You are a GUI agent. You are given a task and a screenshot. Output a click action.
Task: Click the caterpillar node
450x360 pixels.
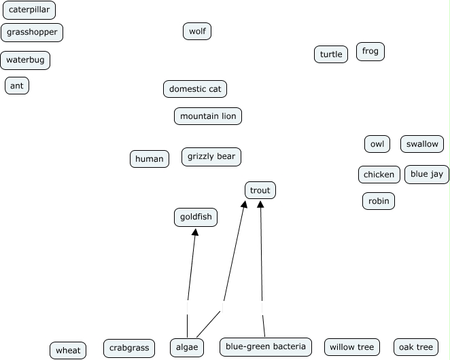coord(29,10)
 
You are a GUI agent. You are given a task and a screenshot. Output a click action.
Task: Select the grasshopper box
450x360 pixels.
coord(33,32)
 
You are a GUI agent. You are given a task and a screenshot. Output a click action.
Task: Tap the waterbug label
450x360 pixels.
coord(25,60)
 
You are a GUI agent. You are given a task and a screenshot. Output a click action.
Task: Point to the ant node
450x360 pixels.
coord(17,86)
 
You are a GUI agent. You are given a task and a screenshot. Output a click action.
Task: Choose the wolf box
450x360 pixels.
coord(197,31)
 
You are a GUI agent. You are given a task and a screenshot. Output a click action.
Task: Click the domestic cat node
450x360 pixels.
coord(195,89)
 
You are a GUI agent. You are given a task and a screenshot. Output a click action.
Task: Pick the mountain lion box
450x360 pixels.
coord(208,116)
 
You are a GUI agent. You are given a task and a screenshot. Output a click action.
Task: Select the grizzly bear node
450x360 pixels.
coord(211,157)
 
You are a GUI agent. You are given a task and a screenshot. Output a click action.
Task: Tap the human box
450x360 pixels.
coord(150,159)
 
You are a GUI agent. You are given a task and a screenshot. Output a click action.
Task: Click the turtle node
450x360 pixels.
coord(331,54)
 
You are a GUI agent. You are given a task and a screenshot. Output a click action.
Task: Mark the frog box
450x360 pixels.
coord(370,52)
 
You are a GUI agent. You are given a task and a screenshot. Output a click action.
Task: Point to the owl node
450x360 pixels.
coord(377,144)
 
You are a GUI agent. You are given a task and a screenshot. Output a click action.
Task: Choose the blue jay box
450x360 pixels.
coord(427,175)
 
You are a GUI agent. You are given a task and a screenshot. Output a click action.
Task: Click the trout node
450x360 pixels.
coord(260,191)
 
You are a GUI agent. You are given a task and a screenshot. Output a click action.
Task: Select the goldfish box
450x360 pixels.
coord(196,217)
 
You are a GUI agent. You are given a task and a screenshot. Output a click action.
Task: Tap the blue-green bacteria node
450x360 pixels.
coord(266,346)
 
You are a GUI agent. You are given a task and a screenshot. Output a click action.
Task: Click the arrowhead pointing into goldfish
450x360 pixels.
coord(195,232)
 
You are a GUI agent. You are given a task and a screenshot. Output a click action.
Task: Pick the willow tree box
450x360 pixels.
coord(351,347)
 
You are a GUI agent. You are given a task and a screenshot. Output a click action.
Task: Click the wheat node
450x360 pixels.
coord(68,350)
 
